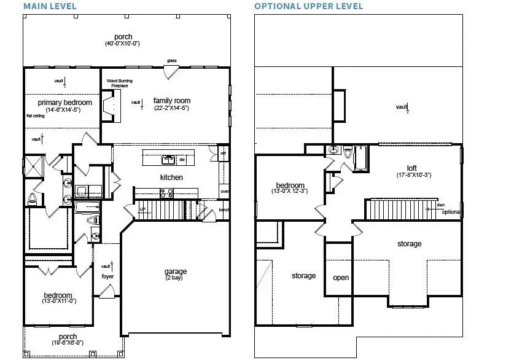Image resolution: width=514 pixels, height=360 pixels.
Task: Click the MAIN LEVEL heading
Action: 50,6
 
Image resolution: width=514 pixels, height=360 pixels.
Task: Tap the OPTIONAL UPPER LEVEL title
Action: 308,6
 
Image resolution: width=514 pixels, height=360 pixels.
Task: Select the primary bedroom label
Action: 64,102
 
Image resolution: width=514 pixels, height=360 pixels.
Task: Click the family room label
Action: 171,101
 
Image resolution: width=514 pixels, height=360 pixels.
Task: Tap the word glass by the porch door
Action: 171,61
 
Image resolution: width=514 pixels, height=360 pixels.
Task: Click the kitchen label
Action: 171,178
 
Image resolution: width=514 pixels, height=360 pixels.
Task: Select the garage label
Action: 175,272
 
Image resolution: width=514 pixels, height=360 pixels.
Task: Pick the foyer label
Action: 107,276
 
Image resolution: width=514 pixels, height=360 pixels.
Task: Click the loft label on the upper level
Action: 411,168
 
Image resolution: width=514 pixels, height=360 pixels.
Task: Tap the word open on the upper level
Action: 341,278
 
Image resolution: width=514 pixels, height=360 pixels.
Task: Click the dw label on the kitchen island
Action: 182,160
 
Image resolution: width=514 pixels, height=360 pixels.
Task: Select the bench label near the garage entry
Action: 225,210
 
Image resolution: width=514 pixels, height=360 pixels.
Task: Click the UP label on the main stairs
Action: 143,209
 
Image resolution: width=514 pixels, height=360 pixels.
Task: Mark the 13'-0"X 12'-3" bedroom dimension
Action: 290,192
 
